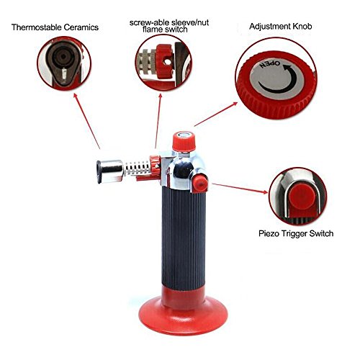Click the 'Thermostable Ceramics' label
point(55,27)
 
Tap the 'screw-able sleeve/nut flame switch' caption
point(169,26)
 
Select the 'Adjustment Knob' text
point(281,26)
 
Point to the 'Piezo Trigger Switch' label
point(296,233)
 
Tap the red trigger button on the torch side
point(200,183)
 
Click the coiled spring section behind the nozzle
point(137,170)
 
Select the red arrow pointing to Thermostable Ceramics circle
point(86,121)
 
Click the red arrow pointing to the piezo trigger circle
point(240,188)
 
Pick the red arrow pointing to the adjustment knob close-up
point(216,114)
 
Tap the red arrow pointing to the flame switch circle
point(158,121)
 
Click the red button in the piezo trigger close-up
point(302,197)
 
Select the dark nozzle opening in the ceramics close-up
point(63,57)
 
